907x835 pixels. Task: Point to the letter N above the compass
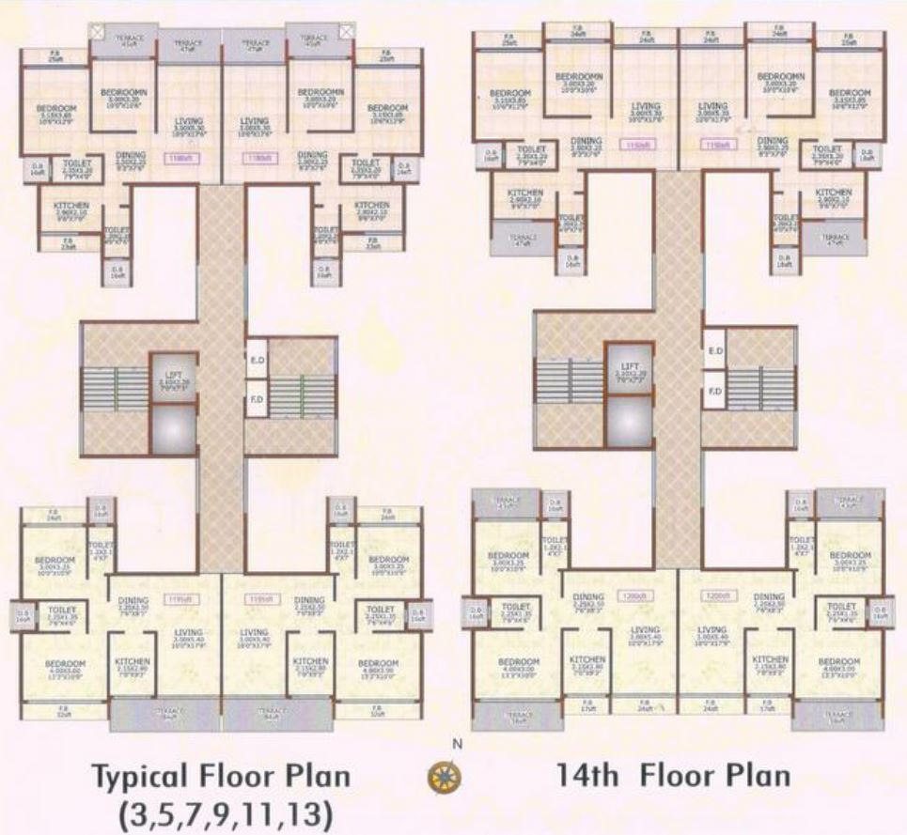458,744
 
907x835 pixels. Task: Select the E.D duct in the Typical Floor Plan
257,360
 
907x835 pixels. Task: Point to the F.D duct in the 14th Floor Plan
714,390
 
